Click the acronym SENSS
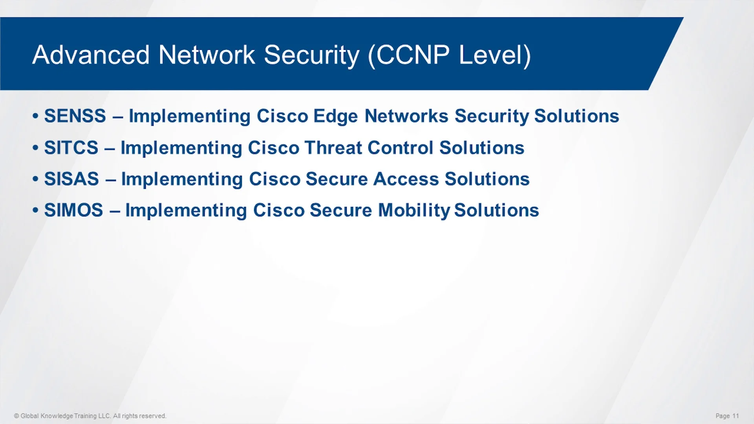[x=75, y=116]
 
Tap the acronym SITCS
[x=71, y=148]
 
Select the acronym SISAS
[x=71, y=179]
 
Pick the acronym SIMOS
[x=73, y=210]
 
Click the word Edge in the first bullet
[x=335, y=117]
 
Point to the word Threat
[x=333, y=148]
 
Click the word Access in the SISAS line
[x=406, y=179]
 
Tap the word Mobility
[x=414, y=211]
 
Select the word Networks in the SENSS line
[x=406, y=116]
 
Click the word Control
[x=400, y=148]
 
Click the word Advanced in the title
[x=91, y=55]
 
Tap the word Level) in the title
[x=495, y=55]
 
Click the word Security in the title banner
[x=311, y=55]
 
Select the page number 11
[x=736, y=416]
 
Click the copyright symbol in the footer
[x=16, y=416]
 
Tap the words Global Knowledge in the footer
[x=47, y=416]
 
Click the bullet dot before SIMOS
[x=36, y=210]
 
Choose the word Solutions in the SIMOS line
[x=496, y=210]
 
